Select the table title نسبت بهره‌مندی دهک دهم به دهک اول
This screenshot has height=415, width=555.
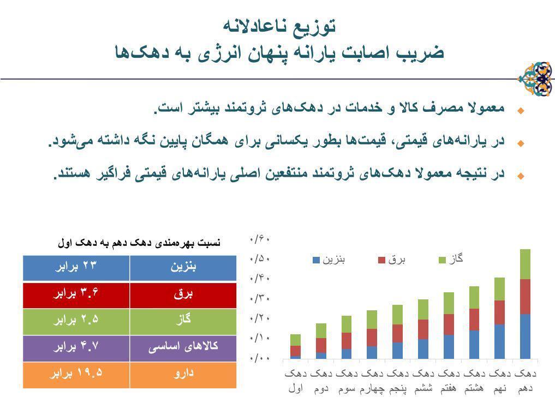pyautogui.click(x=140, y=243)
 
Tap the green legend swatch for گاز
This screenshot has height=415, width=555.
pyautogui.click(x=443, y=260)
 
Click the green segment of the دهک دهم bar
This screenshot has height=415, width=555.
pyautogui.click(x=525, y=264)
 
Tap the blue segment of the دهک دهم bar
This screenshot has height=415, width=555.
pyautogui.click(x=525, y=336)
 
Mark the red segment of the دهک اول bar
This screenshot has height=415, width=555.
pyautogui.click(x=295, y=351)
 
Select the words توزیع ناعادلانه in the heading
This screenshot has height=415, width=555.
pyautogui.click(x=279, y=25)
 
